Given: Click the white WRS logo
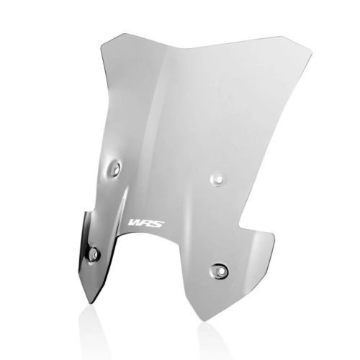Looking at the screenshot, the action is [x=147, y=223].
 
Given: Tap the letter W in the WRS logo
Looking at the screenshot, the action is [x=135, y=223].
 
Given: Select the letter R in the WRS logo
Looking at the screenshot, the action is [x=147, y=223].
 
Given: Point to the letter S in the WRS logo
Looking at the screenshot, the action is [x=159, y=223].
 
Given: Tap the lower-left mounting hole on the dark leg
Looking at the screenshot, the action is [x=94, y=253].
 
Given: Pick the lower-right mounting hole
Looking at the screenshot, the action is [x=220, y=271].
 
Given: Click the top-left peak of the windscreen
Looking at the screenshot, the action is [x=120, y=35].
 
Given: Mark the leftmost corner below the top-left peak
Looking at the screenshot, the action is [x=101, y=47].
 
